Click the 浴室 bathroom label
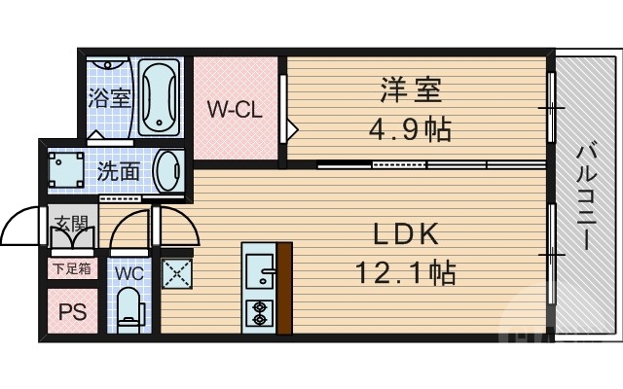[x=108, y=98]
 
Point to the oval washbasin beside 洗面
[x=169, y=171]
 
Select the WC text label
[x=128, y=273]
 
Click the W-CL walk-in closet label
[x=234, y=109]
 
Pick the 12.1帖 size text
[x=406, y=273]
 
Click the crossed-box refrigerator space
[x=176, y=272]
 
